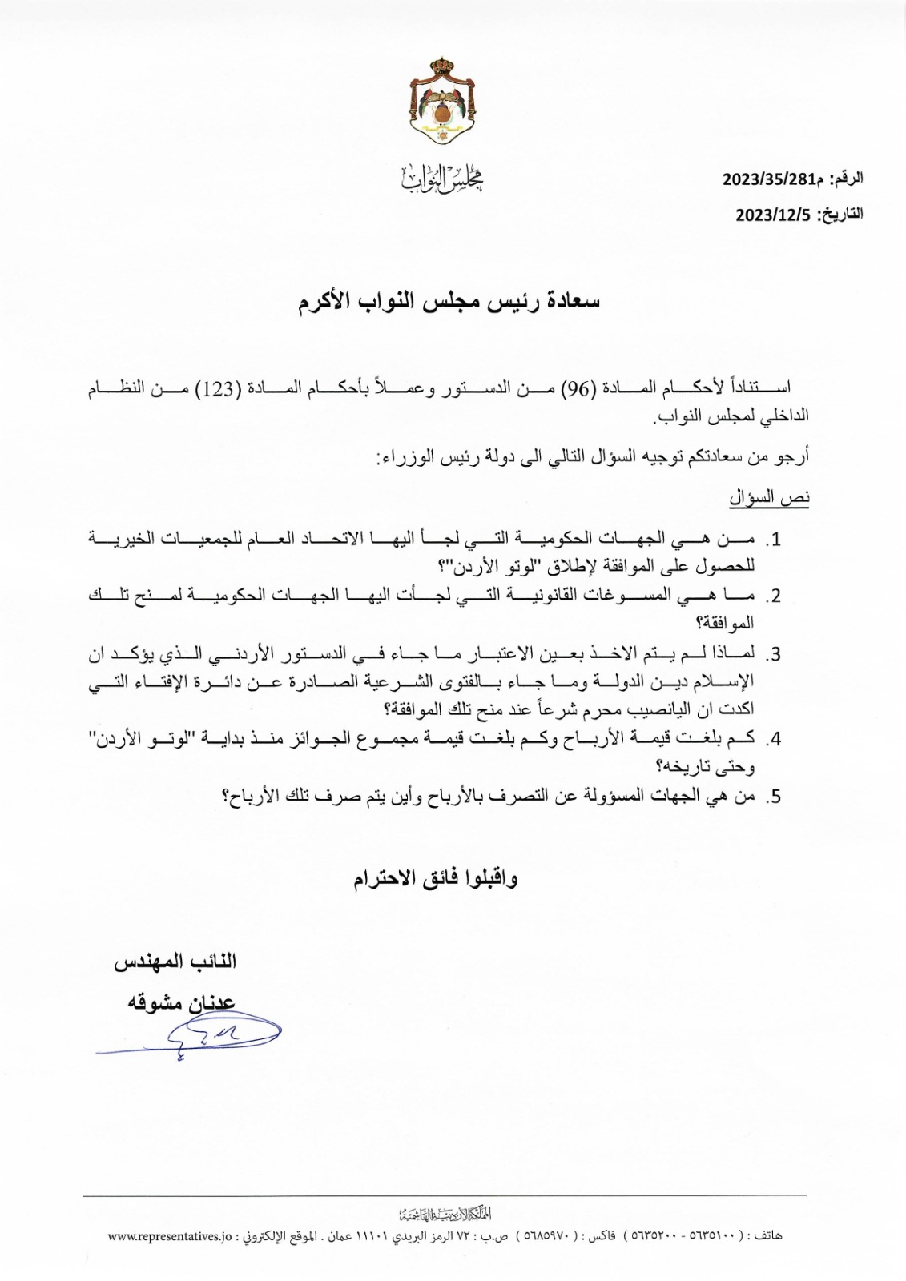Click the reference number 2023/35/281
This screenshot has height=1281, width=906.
768,179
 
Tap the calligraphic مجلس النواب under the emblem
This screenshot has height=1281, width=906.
441,179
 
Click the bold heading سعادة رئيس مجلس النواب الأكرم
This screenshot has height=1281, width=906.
449,303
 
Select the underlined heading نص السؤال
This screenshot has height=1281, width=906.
769,498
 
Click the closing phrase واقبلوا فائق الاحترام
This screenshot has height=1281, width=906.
436,878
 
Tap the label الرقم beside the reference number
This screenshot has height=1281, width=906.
848,179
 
